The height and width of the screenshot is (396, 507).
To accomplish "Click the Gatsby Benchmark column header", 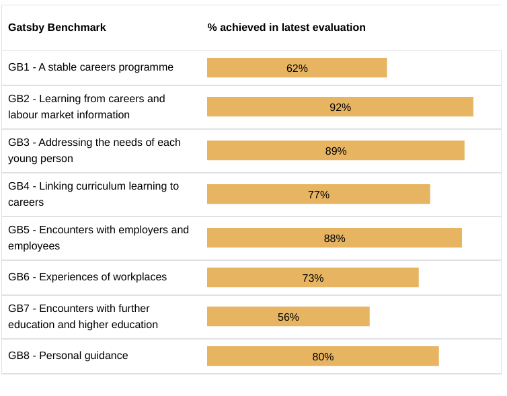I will point(57,28).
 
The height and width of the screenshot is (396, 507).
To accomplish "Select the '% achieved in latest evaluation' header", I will point(286,28).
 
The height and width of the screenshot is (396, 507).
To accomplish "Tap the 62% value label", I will point(297,68).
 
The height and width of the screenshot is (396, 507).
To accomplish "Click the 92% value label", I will point(340,107).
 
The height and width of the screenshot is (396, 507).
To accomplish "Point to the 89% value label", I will point(336,151).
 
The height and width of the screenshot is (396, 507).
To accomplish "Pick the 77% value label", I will point(319,194).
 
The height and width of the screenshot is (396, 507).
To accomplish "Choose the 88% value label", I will point(335,238).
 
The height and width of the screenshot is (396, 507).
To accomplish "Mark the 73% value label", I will point(313,278).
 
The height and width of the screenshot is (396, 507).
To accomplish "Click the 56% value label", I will point(288,317).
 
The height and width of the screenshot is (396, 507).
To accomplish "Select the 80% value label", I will point(323,356).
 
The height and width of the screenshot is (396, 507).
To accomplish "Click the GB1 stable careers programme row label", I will point(91,67).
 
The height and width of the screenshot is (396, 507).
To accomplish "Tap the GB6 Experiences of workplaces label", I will point(87,277).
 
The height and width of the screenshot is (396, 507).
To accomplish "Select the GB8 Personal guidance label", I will point(68,356).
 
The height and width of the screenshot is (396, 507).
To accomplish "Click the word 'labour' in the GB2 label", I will point(24,115).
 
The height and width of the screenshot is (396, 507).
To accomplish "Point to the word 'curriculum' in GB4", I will point(97,186).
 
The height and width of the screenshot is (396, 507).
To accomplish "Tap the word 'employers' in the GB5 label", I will point(143,229).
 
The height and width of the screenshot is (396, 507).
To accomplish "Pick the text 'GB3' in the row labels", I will point(19,143).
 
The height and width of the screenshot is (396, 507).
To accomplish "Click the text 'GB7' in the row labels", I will point(19,309).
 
